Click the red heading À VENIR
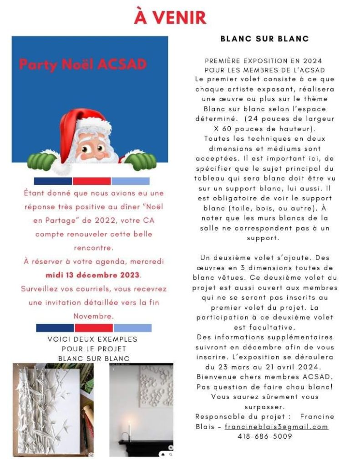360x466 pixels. [x=170, y=17]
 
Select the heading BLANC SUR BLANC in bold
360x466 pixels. [x=264, y=39]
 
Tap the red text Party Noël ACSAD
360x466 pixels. [x=83, y=65]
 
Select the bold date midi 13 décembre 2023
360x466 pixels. [x=93, y=275]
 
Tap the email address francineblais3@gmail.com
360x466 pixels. [x=276, y=426]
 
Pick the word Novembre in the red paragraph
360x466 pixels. [x=93, y=316]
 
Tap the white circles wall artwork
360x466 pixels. [x=155, y=387]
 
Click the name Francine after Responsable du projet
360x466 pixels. [x=317, y=416]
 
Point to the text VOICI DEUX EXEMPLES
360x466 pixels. [x=92, y=339]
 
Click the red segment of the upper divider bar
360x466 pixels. [x=91, y=181]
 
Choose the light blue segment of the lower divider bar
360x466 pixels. [x=132, y=328]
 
